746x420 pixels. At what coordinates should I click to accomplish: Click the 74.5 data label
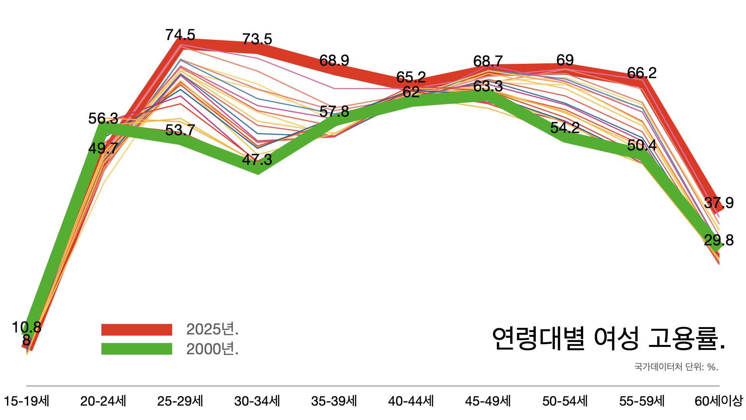(180, 35)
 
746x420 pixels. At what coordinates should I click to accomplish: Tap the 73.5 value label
(257, 39)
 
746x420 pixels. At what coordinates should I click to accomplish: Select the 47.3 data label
(257, 160)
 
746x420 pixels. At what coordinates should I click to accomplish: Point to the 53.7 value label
(180, 130)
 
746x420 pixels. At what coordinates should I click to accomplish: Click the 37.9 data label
(718, 203)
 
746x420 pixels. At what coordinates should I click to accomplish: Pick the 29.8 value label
(718, 240)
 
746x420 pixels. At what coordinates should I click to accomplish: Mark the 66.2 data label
(641, 73)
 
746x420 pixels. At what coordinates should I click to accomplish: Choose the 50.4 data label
(641, 145)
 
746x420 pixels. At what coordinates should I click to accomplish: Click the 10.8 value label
(26, 327)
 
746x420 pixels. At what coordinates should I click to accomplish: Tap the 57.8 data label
(334, 112)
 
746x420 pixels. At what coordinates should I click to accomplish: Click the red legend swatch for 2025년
(137, 330)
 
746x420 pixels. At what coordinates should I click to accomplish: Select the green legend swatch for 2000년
(137, 349)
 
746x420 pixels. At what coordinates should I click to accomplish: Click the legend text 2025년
(212, 329)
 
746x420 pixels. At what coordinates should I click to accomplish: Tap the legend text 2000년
(212, 349)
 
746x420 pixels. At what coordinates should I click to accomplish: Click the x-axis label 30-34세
(257, 401)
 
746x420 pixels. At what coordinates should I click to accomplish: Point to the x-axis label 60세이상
(718, 401)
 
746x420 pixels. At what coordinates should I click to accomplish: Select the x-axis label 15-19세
(26, 401)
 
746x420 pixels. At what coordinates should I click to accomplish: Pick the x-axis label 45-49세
(488, 401)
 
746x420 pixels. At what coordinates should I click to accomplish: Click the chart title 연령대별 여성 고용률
(608, 338)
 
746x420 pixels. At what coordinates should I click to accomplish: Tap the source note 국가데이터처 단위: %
(676, 367)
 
